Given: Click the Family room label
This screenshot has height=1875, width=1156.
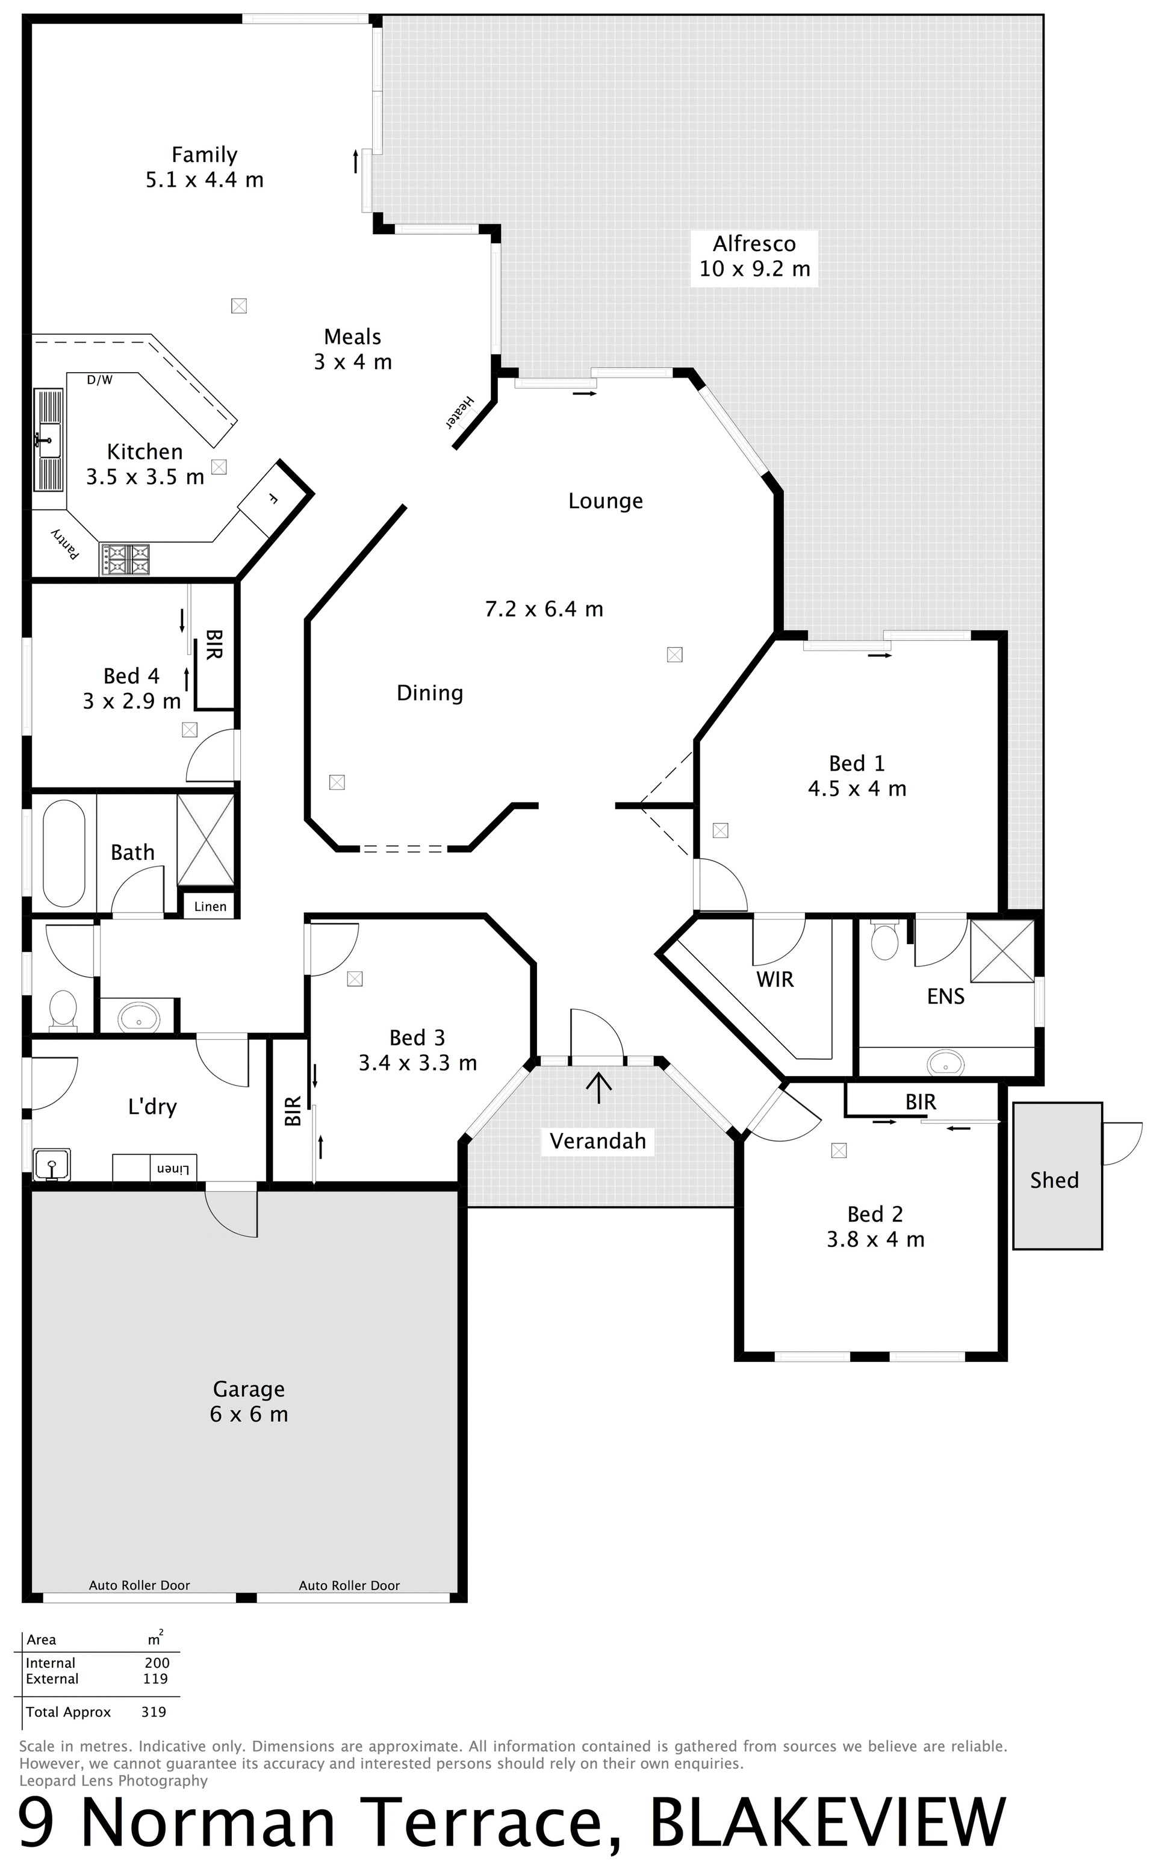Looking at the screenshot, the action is click(204, 167).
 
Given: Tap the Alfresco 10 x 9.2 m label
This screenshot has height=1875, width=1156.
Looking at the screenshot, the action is click(754, 256).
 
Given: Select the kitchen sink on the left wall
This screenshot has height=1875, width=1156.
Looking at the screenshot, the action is click(48, 440).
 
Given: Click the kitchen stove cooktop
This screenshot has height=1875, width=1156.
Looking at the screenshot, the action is click(125, 559).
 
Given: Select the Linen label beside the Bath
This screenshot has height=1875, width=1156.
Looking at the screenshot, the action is click(210, 907).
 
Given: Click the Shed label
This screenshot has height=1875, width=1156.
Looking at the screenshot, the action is click(1054, 1180).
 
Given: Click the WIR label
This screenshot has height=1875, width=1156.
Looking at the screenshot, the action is click(775, 979).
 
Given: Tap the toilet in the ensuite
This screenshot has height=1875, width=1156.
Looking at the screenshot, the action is click(885, 942).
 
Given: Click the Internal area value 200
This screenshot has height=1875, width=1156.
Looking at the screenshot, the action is click(157, 1662).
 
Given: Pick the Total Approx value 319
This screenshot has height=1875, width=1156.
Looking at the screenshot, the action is click(154, 1711).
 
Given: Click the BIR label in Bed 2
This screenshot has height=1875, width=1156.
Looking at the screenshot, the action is click(921, 1101).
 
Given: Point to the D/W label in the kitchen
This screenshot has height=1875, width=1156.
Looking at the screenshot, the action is click(99, 380).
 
